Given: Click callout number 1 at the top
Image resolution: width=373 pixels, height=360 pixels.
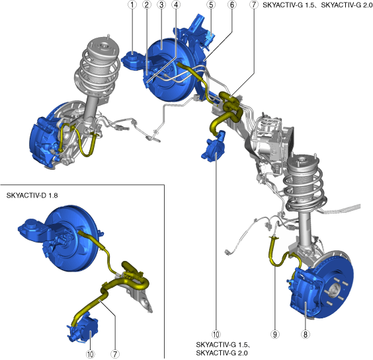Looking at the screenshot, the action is pyautogui.click(x=132, y=5).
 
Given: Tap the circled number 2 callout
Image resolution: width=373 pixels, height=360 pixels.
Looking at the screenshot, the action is pyautogui.click(x=147, y=5).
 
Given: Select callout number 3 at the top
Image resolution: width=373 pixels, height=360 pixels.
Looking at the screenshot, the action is pyautogui.click(x=161, y=5).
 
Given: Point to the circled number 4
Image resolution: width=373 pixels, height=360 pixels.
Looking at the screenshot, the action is pyautogui.click(x=176, y=5).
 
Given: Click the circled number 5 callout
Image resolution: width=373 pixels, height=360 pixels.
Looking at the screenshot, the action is pyautogui.click(x=211, y=5).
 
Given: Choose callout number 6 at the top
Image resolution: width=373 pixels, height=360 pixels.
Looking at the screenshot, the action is pyautogui.click(x=232, y=5).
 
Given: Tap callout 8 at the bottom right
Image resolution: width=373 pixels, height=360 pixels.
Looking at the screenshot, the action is pyautogui.click(x=306, y=334).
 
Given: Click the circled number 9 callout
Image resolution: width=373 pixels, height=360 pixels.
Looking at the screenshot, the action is pyautogui.click(x=274, y=334).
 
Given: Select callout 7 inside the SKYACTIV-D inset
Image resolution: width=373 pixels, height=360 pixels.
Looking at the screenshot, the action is pyautogui.click(x=115, y=354).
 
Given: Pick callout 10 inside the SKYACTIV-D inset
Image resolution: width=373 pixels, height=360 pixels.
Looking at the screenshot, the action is pyautogui.click(x=90, y=354).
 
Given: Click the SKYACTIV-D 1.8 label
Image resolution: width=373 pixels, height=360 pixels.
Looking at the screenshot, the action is pyautogui.click(x=32, y=196).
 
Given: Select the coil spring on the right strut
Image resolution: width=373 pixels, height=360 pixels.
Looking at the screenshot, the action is pyautogui.click(x=304, y=190).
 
